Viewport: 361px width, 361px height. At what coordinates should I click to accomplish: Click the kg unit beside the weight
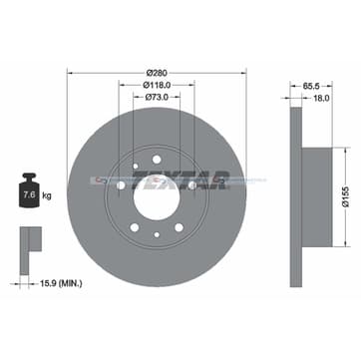click(47, 198)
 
